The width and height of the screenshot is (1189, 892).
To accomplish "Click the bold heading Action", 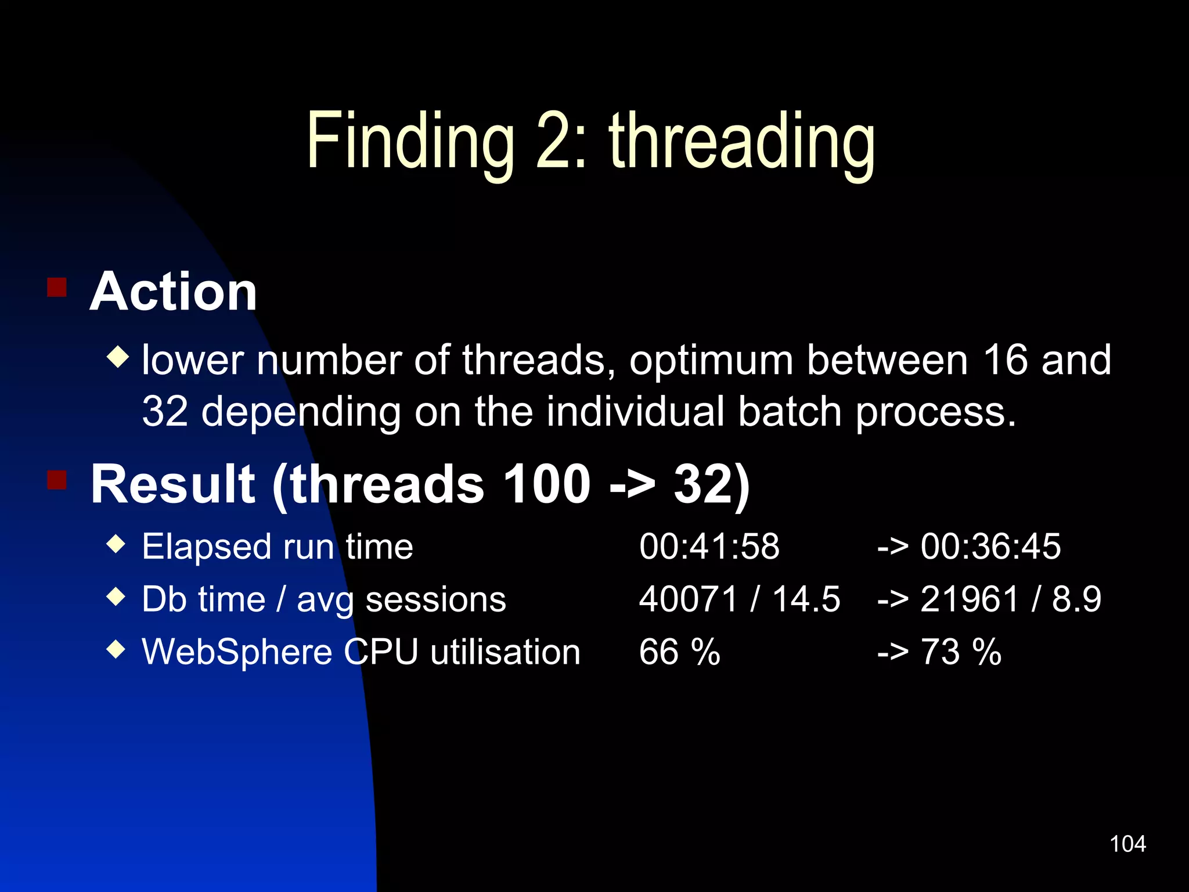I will pyautogui.click(x=173, y=292).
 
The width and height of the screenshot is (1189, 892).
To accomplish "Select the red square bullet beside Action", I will pyautogui.click(x=57, y=287).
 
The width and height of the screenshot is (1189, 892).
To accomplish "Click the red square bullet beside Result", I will pyautogui.click(x=57, y=480).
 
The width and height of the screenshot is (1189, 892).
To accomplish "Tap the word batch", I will pyautogui.click(x=790, y=411).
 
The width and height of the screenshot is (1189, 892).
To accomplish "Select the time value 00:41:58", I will pyautogui.click(x=709, y=546).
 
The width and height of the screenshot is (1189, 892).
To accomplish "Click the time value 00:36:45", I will pyautogui.click(x=990, y=546).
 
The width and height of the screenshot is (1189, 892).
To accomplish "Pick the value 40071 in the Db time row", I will pyautogui.click(x=688, y=599).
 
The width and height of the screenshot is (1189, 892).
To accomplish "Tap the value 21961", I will pyautogui.click(x=970, y=599).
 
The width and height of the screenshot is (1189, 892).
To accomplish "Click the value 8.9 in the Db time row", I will pyautogui.click(x=1076, y=599).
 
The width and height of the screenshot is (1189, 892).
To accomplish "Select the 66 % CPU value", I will pyautogui.click(x=679, y=652).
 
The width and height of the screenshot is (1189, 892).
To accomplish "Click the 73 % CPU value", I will pyautogui.click(x=961, y=652).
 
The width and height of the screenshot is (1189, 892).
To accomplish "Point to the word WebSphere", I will pyautogui.click(x=237, y=652).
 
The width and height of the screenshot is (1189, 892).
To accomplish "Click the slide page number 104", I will pyautogui.click(x=1127, y=844).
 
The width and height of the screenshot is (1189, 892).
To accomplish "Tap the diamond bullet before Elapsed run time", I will pyautogui.click(x=117, y=544).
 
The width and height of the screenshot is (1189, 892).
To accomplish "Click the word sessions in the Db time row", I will pyautogui.click(x=435, y=599).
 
